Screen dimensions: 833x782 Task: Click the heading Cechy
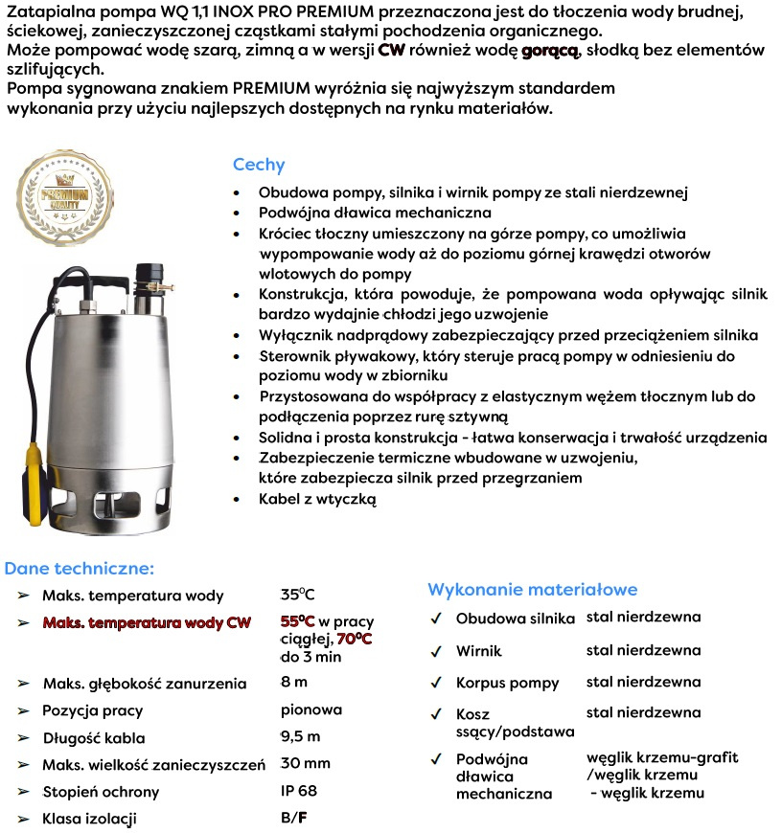pos(259,165)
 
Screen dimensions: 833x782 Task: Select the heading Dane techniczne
pos(79,568)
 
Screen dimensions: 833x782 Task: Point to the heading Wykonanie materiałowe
pos(532,590)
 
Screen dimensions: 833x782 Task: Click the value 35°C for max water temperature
pos(298,594)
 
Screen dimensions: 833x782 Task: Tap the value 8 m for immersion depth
pos(294,683)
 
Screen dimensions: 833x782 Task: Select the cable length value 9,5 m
pos(300,736)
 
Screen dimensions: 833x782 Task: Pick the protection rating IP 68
pos(298,791)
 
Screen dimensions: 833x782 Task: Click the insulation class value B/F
pos(294,818)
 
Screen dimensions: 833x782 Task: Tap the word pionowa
pos(311,710)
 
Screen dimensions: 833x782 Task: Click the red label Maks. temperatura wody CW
pos(147,623)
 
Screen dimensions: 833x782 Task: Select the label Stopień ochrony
pos(101,792)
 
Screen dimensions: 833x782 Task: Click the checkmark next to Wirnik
pos(436,652)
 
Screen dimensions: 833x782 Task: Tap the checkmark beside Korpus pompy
pos(436,684)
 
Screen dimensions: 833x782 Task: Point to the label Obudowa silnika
pos(515,619)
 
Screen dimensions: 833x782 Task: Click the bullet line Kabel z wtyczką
pos(317,499)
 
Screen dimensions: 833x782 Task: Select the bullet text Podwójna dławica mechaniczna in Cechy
pos(375,213)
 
